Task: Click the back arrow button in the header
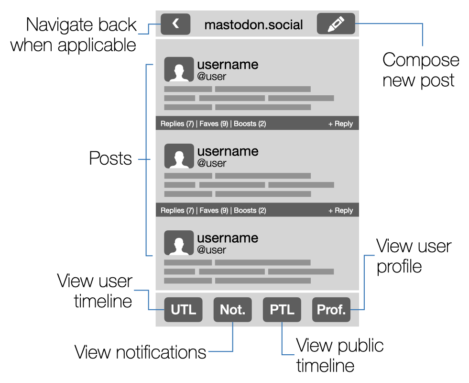pos(175,24)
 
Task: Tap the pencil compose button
pos(336,24)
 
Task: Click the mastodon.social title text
pos(253,25)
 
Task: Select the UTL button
pos(184,309)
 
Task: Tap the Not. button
pos(232,309)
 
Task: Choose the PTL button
pos(282,309)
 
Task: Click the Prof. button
pos(331,309)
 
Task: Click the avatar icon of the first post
pos(179,69)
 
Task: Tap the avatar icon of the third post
pos(179,243)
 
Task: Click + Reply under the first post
pos(340,124)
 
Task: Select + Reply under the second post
pos(340,210)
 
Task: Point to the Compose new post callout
pos(421,70)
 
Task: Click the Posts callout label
pos(110,158)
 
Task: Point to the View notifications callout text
pos(140,352)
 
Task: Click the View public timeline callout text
pos(339,355)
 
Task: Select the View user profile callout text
pos(414,256)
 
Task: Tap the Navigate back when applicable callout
pos(74,34)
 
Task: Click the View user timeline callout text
pos(95,291)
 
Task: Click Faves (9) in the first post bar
pos(214,124)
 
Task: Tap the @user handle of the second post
pos(212,163)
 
